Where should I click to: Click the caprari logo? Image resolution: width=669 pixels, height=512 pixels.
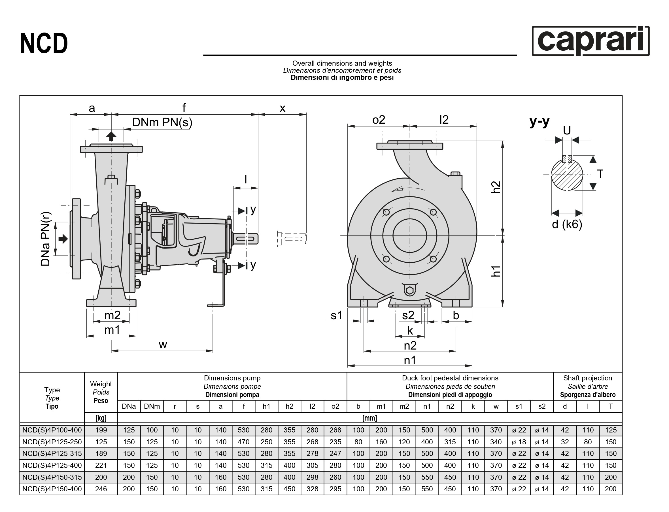590,41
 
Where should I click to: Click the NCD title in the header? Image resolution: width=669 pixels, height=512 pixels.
44,44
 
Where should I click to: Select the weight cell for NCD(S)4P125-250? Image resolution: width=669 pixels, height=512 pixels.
101,442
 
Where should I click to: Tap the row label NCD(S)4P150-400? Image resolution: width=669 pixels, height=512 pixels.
52,489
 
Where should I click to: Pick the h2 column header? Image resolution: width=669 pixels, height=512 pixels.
289,406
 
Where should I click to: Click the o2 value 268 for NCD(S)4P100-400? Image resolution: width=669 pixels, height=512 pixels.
335,430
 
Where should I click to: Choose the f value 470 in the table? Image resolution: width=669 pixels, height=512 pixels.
243,442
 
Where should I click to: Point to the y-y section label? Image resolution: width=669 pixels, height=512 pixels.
539,121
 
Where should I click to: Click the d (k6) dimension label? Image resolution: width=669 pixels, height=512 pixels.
567,224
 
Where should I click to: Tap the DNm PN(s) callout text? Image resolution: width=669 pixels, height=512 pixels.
162,122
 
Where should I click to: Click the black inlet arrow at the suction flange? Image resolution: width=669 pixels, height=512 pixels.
63,239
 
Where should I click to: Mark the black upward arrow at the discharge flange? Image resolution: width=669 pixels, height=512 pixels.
111,136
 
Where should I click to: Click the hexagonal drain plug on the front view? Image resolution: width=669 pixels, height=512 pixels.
409,290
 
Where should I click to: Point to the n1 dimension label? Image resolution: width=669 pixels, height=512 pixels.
410,360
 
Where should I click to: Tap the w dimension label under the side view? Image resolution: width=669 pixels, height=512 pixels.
163,344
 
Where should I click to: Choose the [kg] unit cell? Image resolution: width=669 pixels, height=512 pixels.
101,418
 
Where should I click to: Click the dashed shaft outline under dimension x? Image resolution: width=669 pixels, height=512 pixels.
292,239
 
